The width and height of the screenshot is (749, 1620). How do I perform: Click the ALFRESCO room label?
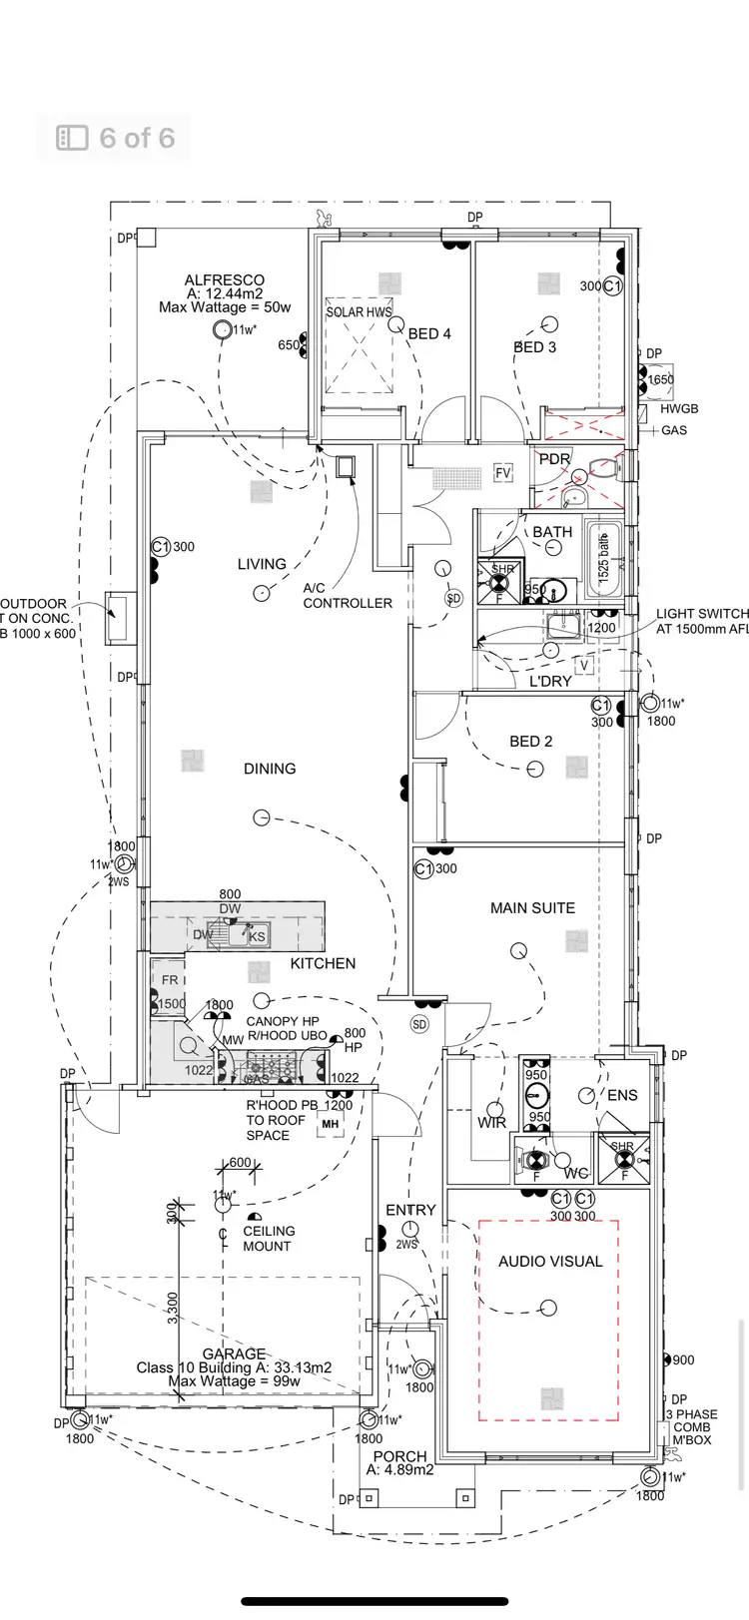(225, 280)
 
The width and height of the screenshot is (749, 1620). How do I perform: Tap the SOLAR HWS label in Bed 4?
(359, 311)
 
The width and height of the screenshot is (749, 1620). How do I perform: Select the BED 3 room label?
(535, 347)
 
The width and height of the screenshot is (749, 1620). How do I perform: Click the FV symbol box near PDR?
(503, 473)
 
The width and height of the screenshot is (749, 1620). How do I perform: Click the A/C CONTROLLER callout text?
(347, 596)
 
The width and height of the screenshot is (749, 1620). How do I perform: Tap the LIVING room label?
(262, 564)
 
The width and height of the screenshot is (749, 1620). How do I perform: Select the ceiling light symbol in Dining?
(262, 817)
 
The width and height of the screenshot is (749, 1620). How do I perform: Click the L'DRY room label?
(549, 681)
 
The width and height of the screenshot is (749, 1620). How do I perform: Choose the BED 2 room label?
(530, 742)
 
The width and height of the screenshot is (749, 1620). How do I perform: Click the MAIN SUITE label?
(532, 908)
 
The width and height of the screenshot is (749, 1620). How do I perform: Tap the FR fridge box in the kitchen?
(170, 980)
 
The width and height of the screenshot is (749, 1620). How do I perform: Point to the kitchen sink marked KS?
(257, 936)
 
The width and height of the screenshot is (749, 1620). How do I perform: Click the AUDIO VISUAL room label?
(550, 1262)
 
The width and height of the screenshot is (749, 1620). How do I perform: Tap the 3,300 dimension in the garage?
(172, 1308)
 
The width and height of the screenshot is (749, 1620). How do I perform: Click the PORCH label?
(399, 1456)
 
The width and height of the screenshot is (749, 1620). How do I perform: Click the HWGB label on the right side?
(680, 409)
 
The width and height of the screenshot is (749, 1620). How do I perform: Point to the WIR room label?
(491, 1124)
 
